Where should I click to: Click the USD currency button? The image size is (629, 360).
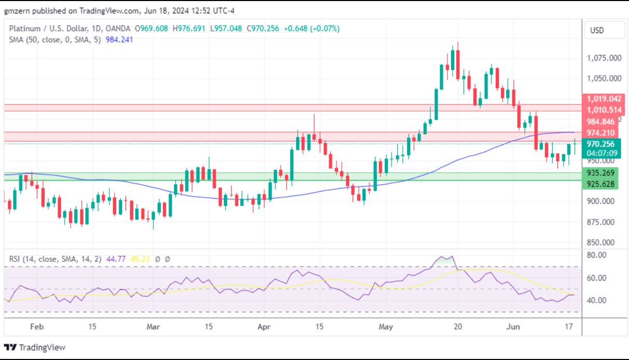coord(597,31)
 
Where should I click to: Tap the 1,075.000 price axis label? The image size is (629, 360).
coord(604,58)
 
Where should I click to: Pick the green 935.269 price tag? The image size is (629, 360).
coord(601,173)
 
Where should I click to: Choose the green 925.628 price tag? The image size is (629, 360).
coord(601,184)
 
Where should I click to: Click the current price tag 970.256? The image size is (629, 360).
coord(601,144)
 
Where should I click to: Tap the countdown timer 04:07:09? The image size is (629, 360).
coord(601,153)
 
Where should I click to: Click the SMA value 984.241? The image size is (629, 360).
coord(119,39)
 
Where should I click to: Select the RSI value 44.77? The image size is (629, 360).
coord(114,258)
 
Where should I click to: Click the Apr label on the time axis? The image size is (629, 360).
coord(264,327)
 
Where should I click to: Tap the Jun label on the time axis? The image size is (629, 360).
coord(512,327)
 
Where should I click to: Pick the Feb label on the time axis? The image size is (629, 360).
coord(36,327)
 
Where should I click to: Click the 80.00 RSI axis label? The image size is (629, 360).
coord(596,255)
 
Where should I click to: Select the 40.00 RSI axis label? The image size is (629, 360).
coord(596,300)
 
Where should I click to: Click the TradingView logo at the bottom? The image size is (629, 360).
coord(35,347)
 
